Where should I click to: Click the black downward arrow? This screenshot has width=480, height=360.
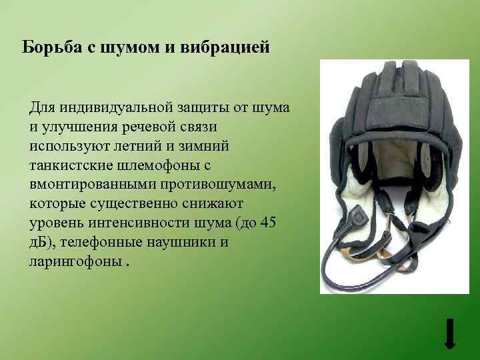tap(450, 333)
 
